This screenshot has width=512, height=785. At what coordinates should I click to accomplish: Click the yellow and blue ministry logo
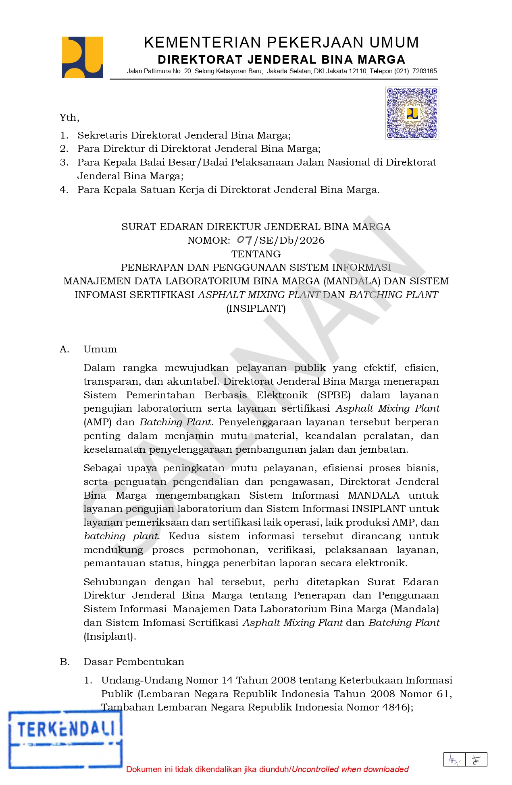coord(82,57)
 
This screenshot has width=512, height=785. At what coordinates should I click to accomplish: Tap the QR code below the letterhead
coord(412,113)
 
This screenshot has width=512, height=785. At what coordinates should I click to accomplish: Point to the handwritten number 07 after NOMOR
coord(244,240)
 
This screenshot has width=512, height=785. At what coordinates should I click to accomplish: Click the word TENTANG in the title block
coord(256,254)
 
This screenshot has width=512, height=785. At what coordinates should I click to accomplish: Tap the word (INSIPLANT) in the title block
coord(256,309)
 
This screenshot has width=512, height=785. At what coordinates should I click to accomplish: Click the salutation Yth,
coord(69,118)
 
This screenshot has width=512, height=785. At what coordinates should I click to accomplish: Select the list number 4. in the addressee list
coord(64,190)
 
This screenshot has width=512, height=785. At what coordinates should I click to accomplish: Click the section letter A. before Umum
coord(65,349)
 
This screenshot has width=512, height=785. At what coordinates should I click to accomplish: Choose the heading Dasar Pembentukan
coord(133,662)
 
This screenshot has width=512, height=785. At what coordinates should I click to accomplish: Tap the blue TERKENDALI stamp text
coord(66,729)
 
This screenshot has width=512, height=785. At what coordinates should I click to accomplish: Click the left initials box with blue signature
coord(454,760)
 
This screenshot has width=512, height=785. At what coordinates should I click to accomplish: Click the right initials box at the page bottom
coord(476,760)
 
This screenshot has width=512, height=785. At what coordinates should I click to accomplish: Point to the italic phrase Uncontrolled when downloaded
coord(350,769)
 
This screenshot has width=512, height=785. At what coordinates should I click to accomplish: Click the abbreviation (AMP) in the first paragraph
coord(97,422)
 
